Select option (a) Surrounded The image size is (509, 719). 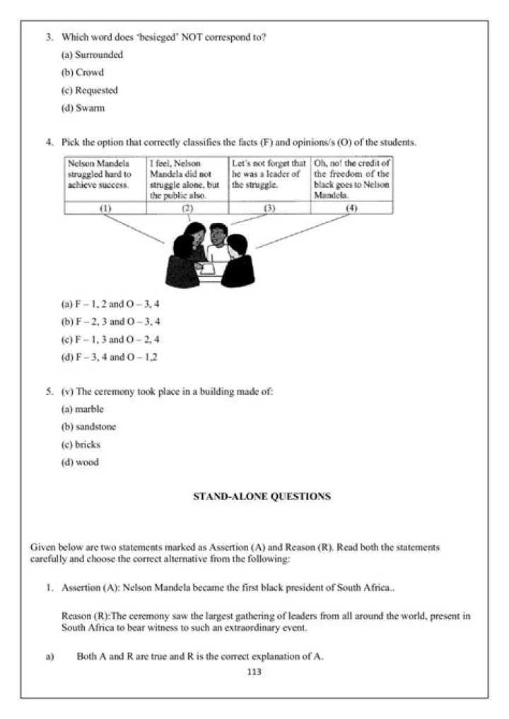[x=93, y=54]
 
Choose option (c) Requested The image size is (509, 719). [x=90, y=90]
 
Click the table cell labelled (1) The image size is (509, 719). [x=105, y=208]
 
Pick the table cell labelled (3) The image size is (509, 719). [x=269, y=208]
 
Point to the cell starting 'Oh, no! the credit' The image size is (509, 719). [x=351, y=179]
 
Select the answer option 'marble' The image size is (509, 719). [x=83, y=409]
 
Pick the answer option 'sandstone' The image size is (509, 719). [x=89, y=427]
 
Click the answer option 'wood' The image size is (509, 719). [x=80, y=463]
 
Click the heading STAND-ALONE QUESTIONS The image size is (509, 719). [x=262, y=497]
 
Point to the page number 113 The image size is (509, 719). [x=255, y=672]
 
